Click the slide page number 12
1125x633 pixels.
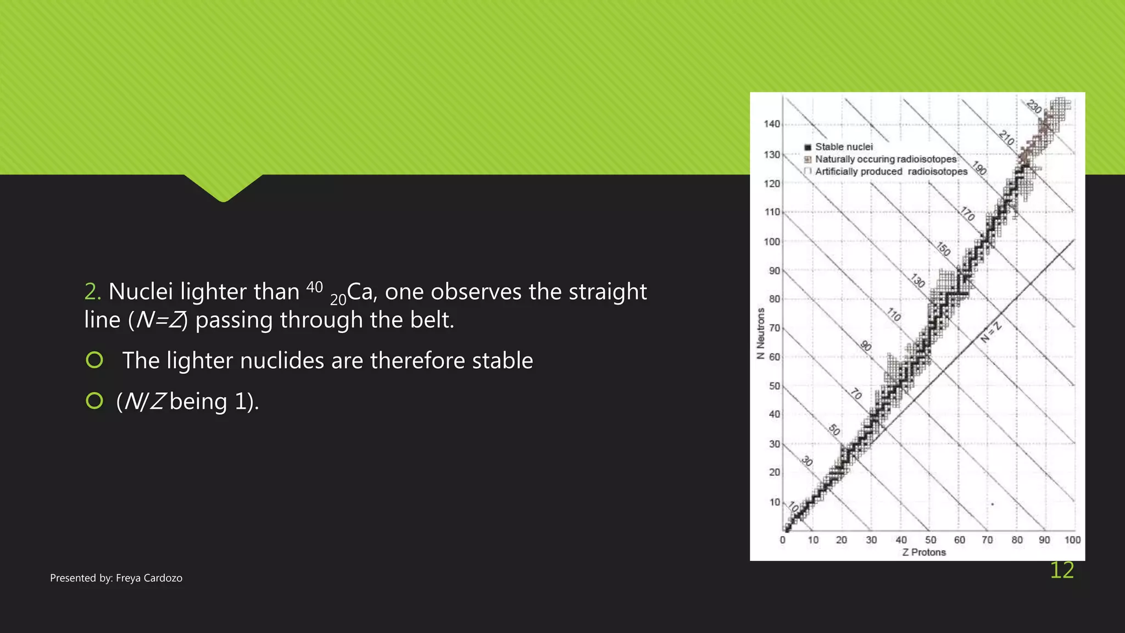tap(1061, 570)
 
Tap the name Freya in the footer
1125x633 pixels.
tap(129, 578)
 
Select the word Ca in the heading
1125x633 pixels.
tap(360, 292)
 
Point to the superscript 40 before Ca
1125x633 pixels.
tap(314, 287)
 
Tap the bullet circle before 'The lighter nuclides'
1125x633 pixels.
tap(94, 360)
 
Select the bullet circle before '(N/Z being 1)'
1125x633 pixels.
tap(94, 401)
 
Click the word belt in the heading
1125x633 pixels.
tap(431, 320)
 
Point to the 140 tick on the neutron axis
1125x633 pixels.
tap(772, 124)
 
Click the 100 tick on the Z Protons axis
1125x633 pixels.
tap(1072, 540)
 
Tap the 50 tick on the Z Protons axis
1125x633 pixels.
tap(931, 540)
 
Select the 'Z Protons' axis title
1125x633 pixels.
tap(924, 552)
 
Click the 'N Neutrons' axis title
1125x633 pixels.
tap(761, 334)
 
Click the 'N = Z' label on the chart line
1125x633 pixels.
tap(990, 332)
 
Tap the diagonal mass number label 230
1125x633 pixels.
tap(1034, 107)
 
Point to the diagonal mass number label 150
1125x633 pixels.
tap(943, 249)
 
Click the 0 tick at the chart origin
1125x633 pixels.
tap(783, 540)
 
